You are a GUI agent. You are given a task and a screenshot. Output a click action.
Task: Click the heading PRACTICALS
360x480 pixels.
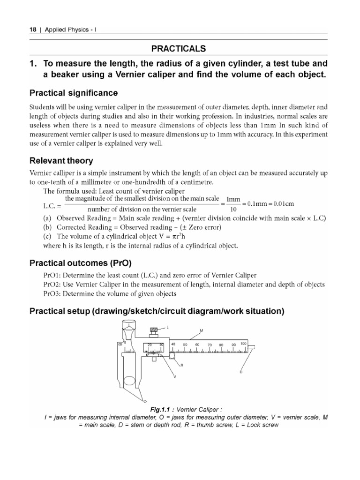(x=180, y=49)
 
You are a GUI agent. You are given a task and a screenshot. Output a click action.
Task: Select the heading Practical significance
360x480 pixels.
(x=74, y=93)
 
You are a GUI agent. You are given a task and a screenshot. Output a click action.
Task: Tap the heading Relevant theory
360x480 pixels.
(x=61, y=161)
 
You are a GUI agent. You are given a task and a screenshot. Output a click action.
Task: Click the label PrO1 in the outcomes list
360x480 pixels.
(x=52, y=275)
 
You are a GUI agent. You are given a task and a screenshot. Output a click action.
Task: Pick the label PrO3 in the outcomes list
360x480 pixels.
(x=52, y=293)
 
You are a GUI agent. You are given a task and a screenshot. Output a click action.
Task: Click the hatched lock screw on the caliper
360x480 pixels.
(x=155, y=331)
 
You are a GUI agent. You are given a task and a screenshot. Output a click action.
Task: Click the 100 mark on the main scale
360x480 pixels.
(x=243, y=344)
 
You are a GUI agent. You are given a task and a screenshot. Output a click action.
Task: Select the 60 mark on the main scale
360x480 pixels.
(x=197, y=345)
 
